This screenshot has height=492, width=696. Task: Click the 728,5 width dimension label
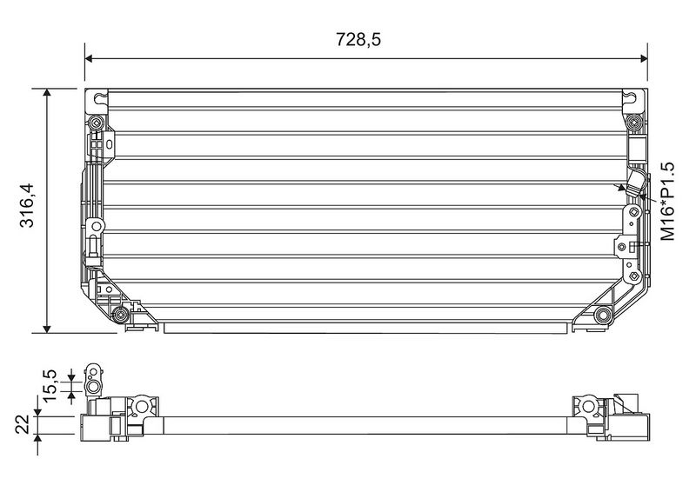358,39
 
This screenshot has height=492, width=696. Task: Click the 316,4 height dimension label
27,205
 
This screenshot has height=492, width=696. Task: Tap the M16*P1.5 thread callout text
667,202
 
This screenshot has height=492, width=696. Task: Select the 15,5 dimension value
50,385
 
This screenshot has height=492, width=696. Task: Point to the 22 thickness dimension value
23,424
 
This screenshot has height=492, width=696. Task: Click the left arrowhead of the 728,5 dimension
89,58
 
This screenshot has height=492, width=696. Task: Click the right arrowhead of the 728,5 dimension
643,58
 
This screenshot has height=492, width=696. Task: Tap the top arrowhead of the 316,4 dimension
47,93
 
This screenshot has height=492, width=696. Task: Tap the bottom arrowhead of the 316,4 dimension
47,329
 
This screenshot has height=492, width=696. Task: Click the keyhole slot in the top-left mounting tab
101,97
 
